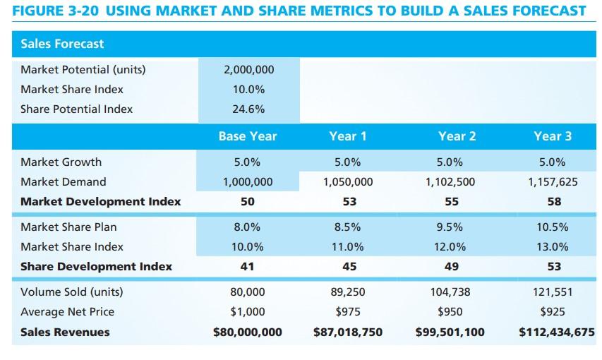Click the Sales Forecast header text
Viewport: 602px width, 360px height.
point(62,44)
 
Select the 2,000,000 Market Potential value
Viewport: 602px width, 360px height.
point(248,70)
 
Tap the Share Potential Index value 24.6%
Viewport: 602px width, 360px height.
point(248,109)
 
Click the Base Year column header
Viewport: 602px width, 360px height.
point(248,136)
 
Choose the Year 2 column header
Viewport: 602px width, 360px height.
point(457,136)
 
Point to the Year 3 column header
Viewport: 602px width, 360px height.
point(553,136)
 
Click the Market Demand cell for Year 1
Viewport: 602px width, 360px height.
point(348,181)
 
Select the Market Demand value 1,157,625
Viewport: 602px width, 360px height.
point(553,181)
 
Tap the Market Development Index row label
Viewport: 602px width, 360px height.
point(100,201)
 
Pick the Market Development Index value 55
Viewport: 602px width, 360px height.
point(452,201)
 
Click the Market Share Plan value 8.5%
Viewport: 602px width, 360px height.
point(348,227)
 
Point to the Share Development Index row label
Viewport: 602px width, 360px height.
point(96,266)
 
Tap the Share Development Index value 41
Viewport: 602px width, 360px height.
point(248,266)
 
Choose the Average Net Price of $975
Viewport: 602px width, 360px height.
point(348,311)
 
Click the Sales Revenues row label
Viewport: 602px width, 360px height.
point(65,332)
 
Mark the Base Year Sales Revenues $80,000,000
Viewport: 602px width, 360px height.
point(248,332)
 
